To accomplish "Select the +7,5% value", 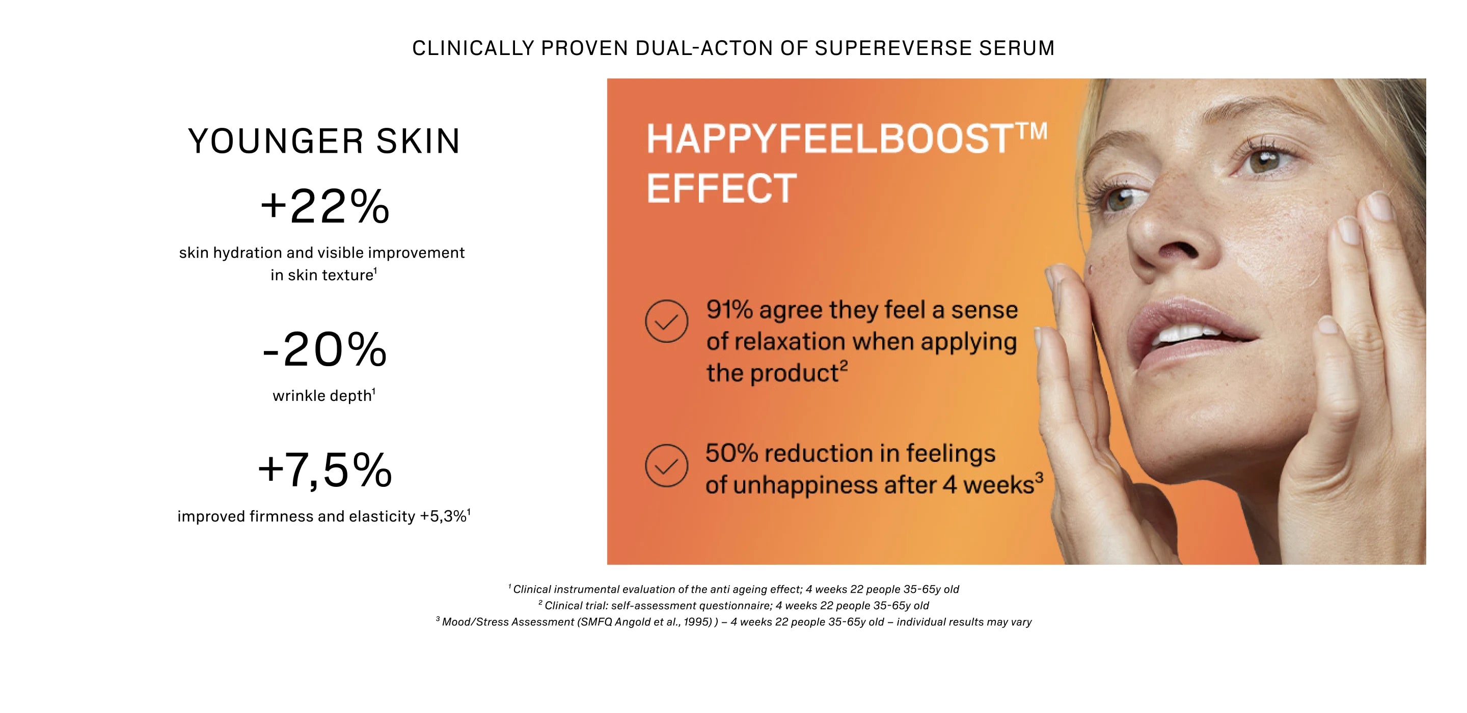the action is pos(324,471).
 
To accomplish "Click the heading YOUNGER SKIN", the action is pos(324,141).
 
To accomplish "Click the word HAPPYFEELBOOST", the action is pos(829,139).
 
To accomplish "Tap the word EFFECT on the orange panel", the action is pos(722,188).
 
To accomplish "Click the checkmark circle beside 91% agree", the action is pos(666,321).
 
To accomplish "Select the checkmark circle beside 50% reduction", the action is pos(666,465).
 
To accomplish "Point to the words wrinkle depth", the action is pos(322,396).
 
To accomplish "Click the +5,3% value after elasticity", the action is pos(443,516).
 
